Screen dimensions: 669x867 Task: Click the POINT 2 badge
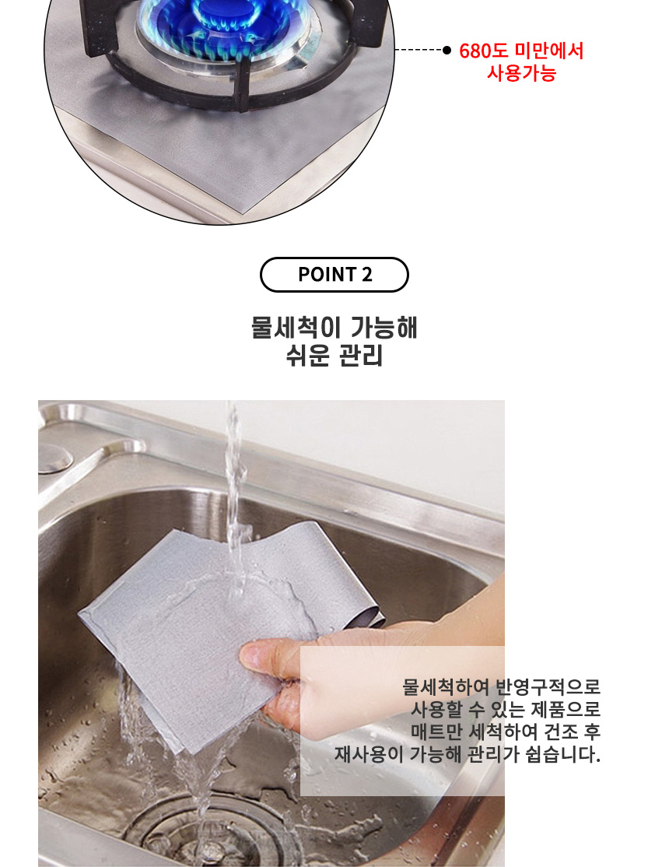click(334, 274)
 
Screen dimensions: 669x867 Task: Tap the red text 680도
click(483, 51)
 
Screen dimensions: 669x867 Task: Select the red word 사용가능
click(521, 73)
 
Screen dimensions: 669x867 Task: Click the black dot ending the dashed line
click(447, 51)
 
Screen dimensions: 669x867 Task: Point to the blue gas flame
click(221, 22)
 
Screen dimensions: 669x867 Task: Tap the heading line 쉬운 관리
click(334, 355)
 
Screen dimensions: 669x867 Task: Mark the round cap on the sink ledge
click(53, 458)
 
